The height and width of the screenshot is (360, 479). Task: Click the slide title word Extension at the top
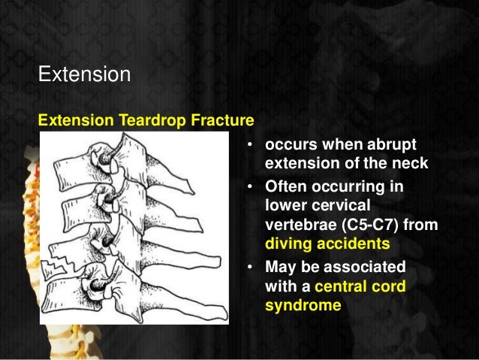84,75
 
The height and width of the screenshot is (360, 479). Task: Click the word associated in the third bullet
368,267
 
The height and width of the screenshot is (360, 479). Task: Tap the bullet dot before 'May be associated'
249,267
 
